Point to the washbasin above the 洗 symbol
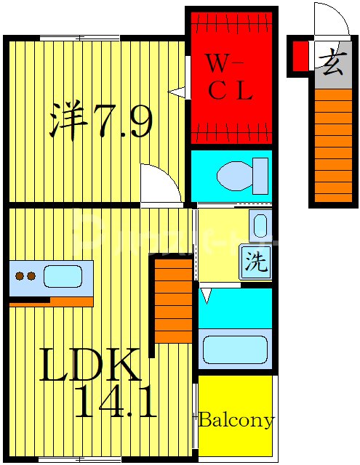260,226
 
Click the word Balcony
236,420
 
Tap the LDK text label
89,367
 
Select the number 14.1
115,403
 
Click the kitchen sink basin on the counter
63,276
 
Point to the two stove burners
26,276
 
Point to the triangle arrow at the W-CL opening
177,92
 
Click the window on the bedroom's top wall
79,38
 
